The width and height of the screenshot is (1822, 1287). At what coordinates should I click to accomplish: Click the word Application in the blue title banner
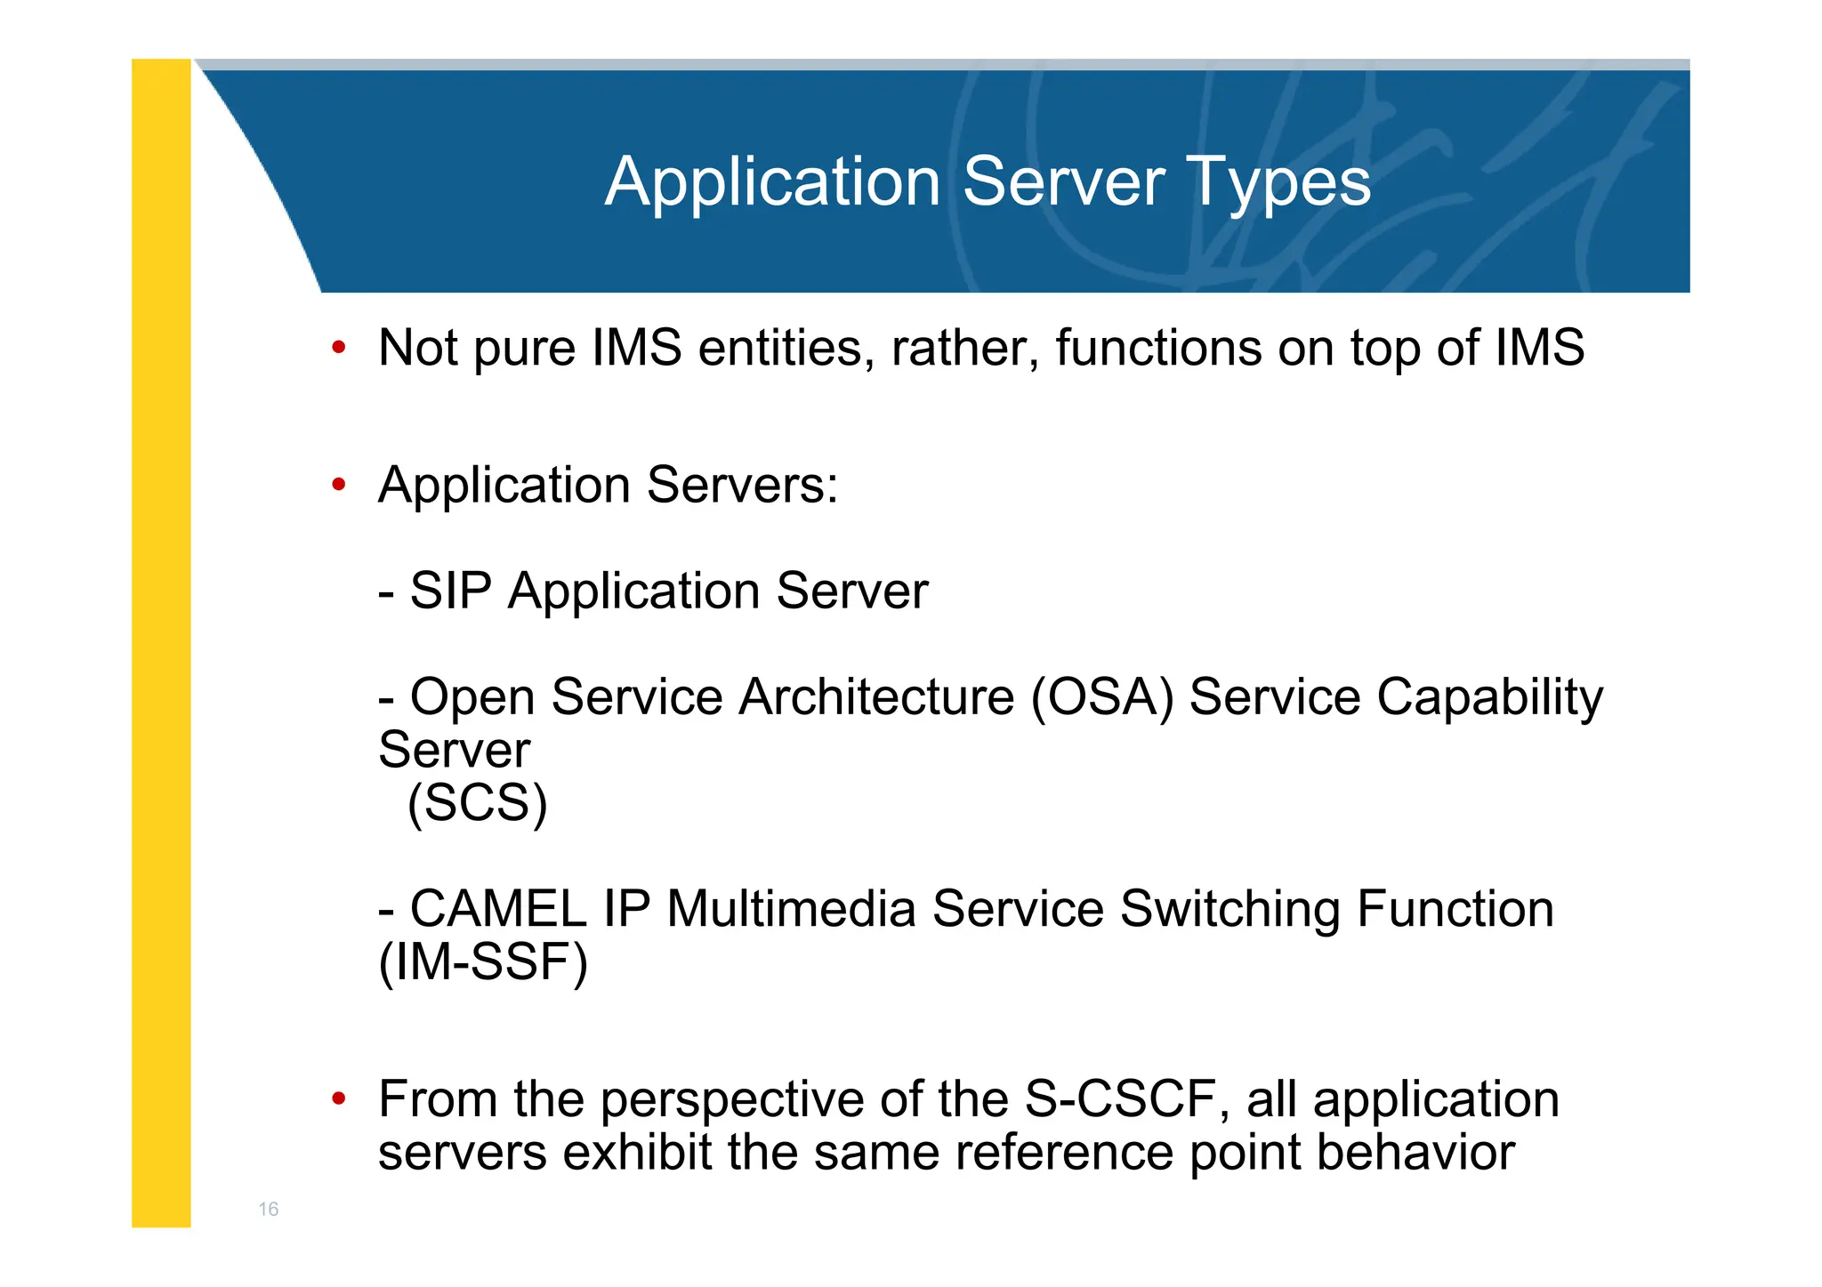(772, 182)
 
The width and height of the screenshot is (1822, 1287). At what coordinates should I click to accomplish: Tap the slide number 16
(268, 1209)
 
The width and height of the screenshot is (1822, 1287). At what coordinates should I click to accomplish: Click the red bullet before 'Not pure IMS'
(338, 348)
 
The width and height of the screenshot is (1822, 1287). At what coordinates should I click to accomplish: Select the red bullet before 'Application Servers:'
(338, 486)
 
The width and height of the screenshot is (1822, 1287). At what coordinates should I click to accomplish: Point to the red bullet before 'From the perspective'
(338, 1100)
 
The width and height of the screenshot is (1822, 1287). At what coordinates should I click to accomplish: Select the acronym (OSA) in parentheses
(1102, 696)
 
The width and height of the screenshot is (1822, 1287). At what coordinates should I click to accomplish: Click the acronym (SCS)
(477, 803)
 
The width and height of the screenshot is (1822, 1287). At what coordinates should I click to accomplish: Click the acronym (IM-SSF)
(483, 962)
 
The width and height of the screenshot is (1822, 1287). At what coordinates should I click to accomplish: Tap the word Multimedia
(791, 909)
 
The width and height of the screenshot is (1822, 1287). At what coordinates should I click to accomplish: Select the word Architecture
(876, 696)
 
